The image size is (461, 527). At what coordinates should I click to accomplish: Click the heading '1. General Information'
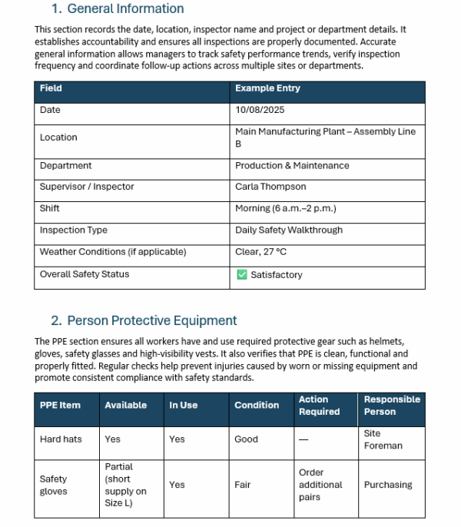tap(118, 9)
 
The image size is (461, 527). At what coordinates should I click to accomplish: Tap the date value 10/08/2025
tap(260, 110)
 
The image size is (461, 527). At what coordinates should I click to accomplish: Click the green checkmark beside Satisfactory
tap(241, 275)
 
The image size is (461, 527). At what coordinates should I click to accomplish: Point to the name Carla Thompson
tap(270, 187)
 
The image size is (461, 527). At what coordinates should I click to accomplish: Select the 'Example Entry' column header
tap(267, 88)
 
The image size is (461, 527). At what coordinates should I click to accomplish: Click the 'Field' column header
tap(51, 88)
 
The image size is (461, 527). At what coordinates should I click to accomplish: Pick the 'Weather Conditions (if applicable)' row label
tap(113, 252)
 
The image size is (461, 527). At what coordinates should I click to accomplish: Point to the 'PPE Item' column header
tap(60, 406)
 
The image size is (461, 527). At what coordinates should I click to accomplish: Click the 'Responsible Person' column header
tap(392, 406)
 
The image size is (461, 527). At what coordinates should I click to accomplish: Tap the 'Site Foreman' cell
tap(383, 439)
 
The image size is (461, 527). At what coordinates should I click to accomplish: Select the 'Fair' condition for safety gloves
tap(243, 485)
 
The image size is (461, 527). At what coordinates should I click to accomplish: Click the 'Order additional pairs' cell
tap(320, 485)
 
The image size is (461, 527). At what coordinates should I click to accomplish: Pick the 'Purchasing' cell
tap(388, 485)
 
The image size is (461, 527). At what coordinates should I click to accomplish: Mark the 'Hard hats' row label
tap(61, 439)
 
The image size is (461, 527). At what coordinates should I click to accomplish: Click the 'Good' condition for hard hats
tap(246, 439)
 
